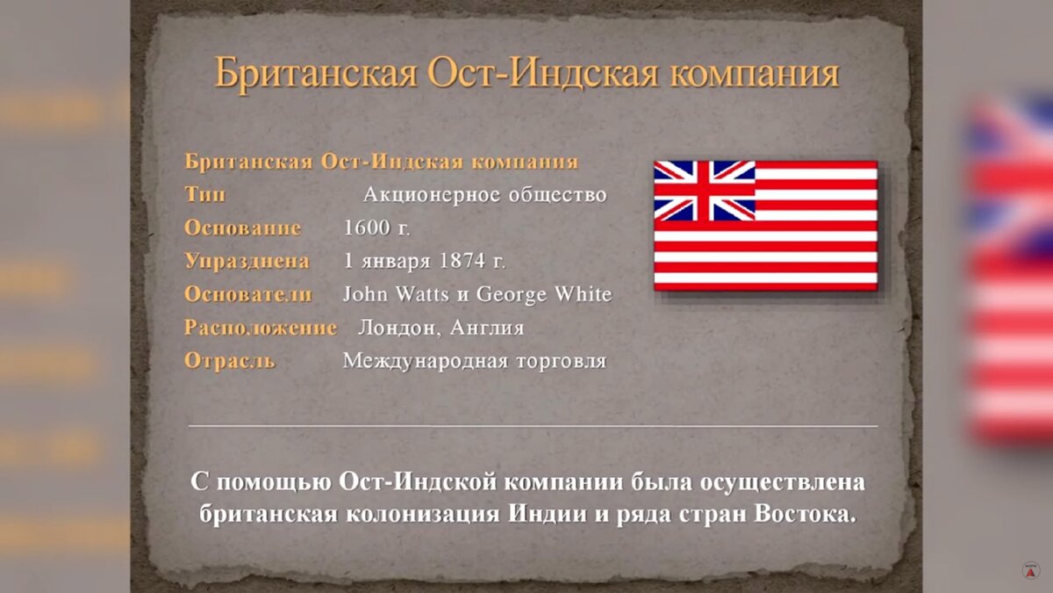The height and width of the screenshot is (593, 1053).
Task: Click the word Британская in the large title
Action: (x=315, y=74)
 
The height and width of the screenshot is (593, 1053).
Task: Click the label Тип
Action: (x=204, y=194)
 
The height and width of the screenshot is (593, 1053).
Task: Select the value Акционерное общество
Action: (x=484, y=194)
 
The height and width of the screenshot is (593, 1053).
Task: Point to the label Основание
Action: (x=242, y=228)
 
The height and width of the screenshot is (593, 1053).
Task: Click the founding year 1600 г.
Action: (x=376, y=228)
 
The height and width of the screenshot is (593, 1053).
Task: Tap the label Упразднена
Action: (x=247, y=261)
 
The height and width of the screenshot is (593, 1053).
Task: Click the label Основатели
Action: (x=247, y=294)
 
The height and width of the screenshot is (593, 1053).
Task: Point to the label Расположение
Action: (x=260, y=328)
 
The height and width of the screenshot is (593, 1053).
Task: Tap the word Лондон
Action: (x=398, y=328)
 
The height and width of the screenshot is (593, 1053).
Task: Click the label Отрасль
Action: (x=229, y=360)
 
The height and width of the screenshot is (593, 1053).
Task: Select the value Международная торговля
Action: (x=474, y=360)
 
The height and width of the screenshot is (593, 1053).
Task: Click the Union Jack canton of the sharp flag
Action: (x=704, y=190)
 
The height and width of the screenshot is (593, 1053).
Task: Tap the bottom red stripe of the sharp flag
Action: (x=765, y=286)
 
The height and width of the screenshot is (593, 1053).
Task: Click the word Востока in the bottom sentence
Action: (x=804, y=514)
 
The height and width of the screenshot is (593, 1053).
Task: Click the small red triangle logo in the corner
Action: (x=1031, y=572)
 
